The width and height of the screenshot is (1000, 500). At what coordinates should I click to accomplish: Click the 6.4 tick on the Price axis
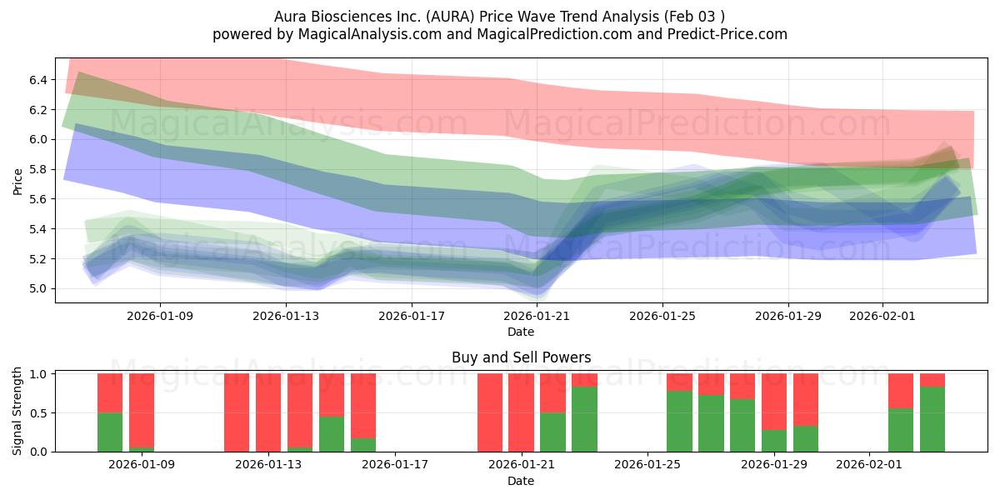pos(38,80)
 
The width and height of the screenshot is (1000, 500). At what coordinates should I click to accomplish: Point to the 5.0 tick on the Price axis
pos(38,289)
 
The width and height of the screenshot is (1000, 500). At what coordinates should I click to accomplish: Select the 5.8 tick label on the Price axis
pos(38,169)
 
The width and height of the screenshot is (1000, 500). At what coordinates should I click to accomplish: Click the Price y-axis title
pos(18,181)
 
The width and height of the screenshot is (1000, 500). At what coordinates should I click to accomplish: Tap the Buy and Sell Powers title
pos(521,357)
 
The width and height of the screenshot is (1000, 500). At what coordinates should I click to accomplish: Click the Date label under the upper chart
pos(521,332)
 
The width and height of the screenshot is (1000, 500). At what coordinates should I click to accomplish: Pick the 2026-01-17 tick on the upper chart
pos(412,316)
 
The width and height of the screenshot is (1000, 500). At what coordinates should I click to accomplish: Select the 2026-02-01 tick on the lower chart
pos(869,465)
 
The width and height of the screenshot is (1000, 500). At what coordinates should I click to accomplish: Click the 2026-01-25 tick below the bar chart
pos(647,465)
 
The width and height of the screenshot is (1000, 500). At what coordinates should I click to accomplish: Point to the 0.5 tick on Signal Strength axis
pos(38,413)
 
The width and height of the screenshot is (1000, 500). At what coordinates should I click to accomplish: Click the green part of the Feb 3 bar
pos(932,419)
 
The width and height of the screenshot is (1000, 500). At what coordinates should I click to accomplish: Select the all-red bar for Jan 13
pos(268,412)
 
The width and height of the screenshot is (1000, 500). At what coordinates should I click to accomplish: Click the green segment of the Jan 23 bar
pos(584,419)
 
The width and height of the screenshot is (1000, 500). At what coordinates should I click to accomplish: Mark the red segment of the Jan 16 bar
pos(363,405)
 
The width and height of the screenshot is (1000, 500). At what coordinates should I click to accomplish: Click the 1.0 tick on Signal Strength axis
pos(38,374)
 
